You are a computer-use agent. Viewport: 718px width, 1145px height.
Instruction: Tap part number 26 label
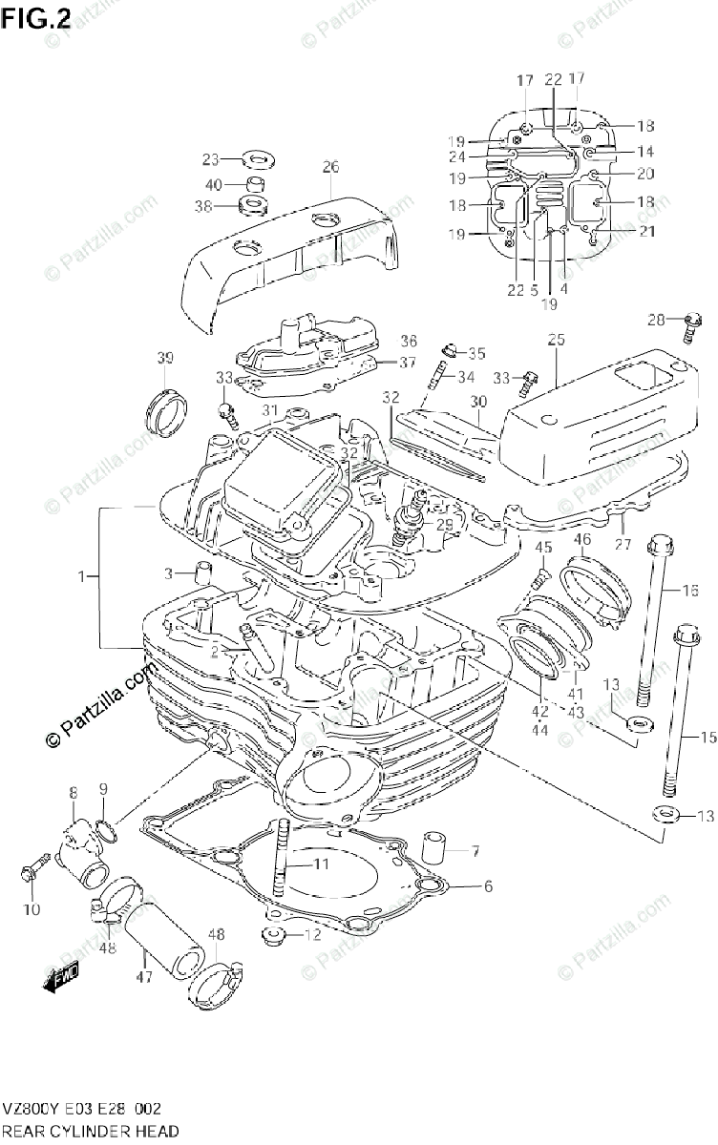[329, 167]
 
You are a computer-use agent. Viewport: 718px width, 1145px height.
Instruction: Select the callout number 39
[165, 358]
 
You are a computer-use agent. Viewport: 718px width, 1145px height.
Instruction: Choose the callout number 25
[556, 340]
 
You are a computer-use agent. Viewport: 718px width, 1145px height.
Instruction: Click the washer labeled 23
[256, 158]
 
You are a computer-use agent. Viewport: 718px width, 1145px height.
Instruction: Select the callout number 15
[707, 736]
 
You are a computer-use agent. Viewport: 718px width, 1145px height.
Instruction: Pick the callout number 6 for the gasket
[487, 886]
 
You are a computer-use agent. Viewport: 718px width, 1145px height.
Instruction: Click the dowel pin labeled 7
[432, 849]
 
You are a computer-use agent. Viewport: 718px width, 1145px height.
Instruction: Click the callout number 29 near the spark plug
[444, 525]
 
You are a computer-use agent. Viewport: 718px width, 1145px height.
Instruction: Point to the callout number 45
[542, 547]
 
